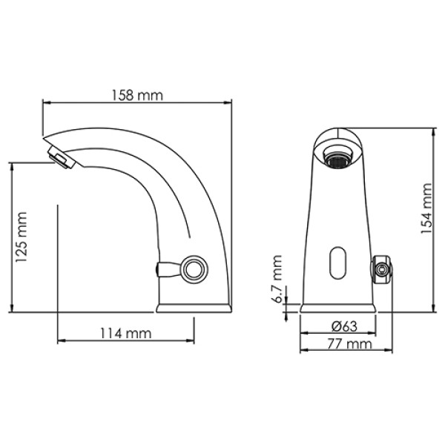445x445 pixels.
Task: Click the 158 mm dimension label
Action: click(x=138, y=95)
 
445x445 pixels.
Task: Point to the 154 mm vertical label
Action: click(x=426, y=210)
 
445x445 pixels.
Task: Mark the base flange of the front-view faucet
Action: click(x=340, y=306)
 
